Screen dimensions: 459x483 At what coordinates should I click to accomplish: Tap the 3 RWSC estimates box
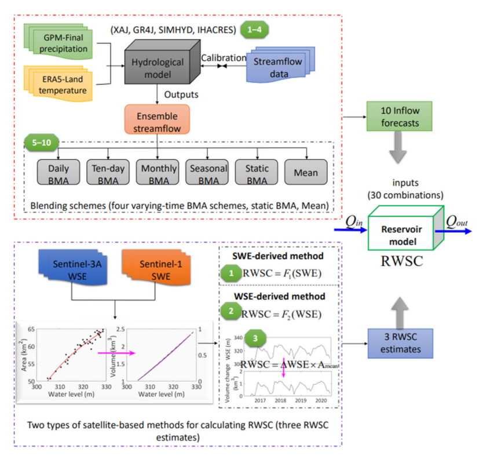tap(394, 344)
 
